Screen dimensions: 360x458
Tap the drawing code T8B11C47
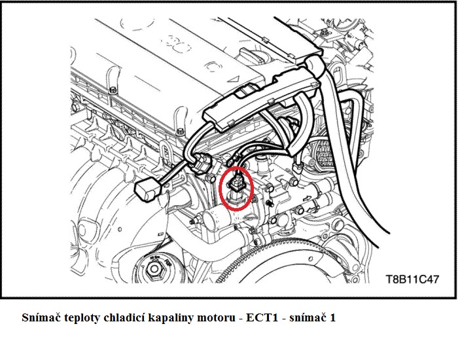coord(412,279)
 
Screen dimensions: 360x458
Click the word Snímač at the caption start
coord(41,318)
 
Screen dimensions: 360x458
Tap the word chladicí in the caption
coord(123,318)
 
